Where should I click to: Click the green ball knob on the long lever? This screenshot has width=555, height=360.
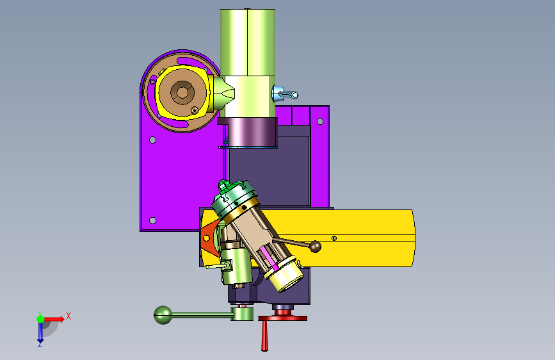[163, 315]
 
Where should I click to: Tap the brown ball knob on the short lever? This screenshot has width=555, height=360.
[315, 246]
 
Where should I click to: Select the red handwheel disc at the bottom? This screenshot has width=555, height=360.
[283, 318]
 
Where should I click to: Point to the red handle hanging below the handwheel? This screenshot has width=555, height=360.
[264, 336]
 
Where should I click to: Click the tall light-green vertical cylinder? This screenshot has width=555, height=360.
[248, 42]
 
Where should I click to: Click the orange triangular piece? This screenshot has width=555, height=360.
[208, 237]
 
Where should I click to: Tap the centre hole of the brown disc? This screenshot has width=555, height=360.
[182, 93]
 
